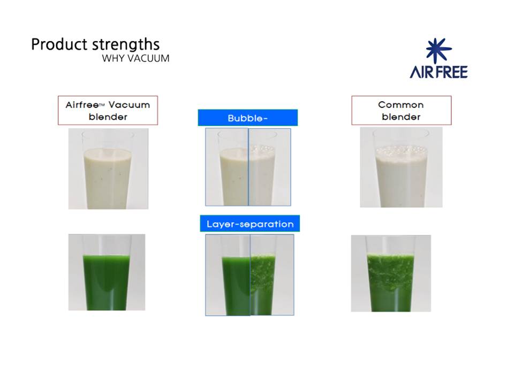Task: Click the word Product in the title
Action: coord(59,44)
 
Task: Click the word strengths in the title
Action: coord(125,44)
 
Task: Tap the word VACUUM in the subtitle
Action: coord(148,58)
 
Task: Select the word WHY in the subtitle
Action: coord(113,58)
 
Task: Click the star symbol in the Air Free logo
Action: coord(439,50)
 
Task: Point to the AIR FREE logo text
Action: coord(439,72)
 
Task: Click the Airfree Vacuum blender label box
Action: coord(108,110)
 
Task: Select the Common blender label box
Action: coord(401,110)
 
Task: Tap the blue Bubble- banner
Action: coord(248,118)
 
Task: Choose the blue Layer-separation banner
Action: coord(250,224)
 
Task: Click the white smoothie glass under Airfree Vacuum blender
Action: coord(108,168)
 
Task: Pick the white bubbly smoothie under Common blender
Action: coord(401,167)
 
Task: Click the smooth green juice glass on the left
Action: coord(107,272)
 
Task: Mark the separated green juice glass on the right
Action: coord(391,273)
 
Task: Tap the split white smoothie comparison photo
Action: coord(248,167)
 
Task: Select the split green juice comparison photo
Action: coord(250,275)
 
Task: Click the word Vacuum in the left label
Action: coord(129,105)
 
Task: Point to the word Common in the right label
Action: coord(401,105)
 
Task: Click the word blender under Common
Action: coord(401,117)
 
